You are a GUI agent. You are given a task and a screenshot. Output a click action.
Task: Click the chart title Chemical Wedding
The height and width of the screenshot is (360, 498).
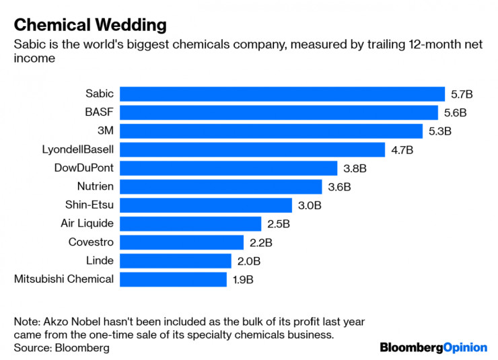pyautogui.click(x=90, y=26)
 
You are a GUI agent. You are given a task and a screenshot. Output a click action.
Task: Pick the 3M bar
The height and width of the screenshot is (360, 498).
pyautogui.click(x=272, y=131)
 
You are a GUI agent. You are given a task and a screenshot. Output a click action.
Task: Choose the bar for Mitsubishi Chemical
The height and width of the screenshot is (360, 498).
pyautogui.click(x=173, y=279)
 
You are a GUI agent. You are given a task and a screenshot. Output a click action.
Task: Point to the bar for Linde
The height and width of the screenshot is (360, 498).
pyautogui.click(x=176, y=260)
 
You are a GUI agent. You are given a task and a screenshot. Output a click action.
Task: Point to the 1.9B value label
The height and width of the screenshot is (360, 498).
pyautogui.click(x=243, y=279)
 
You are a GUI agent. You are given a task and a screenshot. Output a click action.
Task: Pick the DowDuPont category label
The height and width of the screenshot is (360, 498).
pyautogui.click(x=83, y=168)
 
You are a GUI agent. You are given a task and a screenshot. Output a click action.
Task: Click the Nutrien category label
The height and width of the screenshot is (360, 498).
pyautogui.click(x=96, y=186)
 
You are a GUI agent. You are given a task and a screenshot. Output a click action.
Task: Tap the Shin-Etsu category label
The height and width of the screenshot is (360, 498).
pyautogui.click(x=91, y=205)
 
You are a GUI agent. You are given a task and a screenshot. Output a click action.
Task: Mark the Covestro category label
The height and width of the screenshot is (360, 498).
pyautogui.click(x=91, y=242)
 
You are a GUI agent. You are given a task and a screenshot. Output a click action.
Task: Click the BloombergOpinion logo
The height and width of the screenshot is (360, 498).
pyautogui.click(x=433, y=347)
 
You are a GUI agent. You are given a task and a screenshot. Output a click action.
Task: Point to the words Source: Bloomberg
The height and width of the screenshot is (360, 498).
pyautogui.click(x=61, y=348)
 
